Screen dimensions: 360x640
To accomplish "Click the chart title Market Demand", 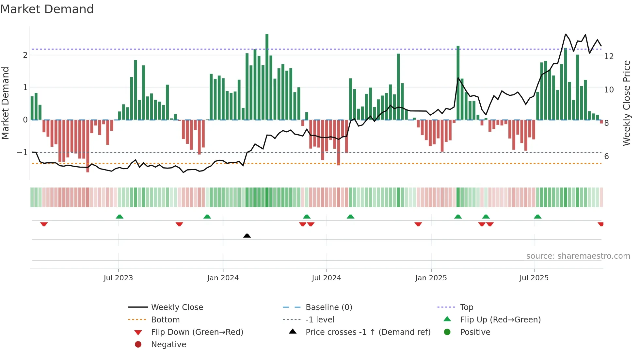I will click(x=47, y=9).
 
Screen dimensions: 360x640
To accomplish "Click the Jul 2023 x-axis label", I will click(x=118, y=278).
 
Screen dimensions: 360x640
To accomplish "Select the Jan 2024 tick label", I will click(x=223, y=278).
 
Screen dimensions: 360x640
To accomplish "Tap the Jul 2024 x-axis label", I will click(x=326, y=278).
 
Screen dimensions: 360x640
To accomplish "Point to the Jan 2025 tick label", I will click(x=431, y=278).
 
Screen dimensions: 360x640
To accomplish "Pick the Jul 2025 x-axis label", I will click(x=534, y=278).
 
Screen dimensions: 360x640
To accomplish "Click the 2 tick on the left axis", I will click(x=25, y=55).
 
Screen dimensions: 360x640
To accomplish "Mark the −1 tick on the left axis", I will click(x=23, y=153).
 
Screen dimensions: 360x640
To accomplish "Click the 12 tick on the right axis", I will click(x=609, y=57).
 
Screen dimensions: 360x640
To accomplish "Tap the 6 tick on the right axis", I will click(x=606, y=156).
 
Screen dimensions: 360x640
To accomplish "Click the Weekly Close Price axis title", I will click(x=626, y=103).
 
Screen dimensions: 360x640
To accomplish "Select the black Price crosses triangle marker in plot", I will click(x=247, y=236).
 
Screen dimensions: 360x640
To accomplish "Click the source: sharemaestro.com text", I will click(x=578, y=256).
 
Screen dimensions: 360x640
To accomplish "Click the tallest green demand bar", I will click(x=267, y=77).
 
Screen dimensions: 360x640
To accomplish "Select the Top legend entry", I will click(x=466, y=307).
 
